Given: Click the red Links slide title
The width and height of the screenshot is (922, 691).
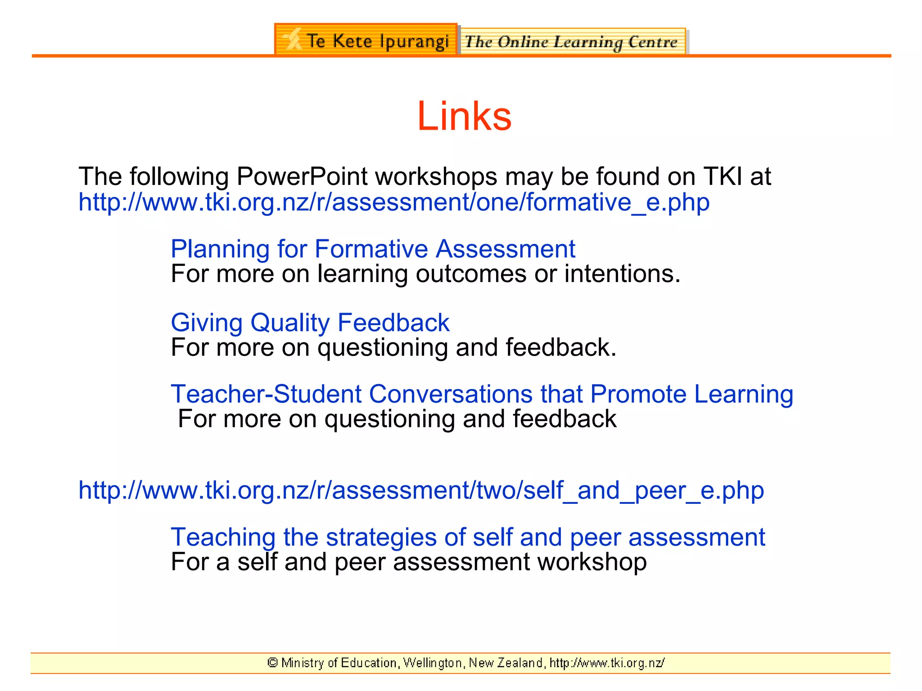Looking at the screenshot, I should tap(464, 117).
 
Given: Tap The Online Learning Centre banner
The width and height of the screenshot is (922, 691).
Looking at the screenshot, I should tap(572, 42).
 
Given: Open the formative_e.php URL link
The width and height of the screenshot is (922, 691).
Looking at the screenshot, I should tap(394, 202).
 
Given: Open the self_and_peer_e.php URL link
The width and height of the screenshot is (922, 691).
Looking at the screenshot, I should tap(421, 490).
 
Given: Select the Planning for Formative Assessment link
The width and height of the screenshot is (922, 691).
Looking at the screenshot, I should tap(373, 249).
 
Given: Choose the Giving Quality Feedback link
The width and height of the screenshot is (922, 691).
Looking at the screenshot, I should tap(310, 323).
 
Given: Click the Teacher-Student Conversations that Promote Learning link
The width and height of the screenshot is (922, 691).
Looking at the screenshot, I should tap(482, 394).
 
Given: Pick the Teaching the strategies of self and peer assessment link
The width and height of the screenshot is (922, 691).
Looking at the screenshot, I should tap(468, 537).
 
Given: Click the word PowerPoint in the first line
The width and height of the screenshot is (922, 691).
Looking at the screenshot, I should tap(302, 176).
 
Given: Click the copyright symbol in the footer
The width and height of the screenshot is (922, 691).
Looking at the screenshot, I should tap(272, 663).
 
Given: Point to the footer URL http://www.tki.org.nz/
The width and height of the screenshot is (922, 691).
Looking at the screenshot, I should tap(607, 663).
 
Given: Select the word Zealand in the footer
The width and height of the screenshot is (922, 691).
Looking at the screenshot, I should tap(520, 663).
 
